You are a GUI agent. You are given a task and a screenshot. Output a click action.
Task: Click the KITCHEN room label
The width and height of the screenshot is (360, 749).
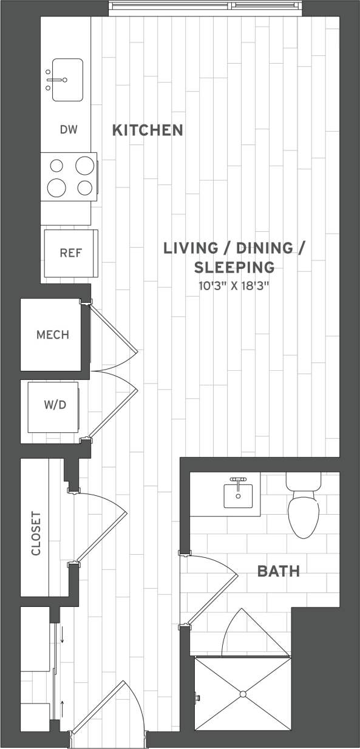point(148,130)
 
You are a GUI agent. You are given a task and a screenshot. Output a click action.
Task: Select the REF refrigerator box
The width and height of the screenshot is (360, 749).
point(70,253)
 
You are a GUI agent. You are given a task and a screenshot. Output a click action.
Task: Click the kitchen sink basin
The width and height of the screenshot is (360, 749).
point(67,80)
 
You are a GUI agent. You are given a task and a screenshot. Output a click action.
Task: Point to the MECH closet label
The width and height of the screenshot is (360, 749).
point(53,334)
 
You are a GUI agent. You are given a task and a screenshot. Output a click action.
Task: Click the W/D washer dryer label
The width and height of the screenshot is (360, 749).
point(55,405)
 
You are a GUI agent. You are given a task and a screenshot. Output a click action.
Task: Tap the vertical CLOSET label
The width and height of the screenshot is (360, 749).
point(36,534)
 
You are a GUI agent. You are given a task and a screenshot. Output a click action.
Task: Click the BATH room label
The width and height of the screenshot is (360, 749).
point(279,571)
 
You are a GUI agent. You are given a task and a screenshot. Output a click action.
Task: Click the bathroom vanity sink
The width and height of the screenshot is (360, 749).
point(237,495)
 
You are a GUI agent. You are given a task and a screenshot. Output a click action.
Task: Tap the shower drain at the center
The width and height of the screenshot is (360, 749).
point(242,694)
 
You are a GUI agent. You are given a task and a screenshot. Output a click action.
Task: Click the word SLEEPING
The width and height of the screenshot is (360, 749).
point(234,267)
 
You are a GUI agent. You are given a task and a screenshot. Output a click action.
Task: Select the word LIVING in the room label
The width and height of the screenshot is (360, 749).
point(191,248)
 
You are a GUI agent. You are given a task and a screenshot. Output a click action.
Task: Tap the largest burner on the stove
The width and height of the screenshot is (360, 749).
point(56,188)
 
